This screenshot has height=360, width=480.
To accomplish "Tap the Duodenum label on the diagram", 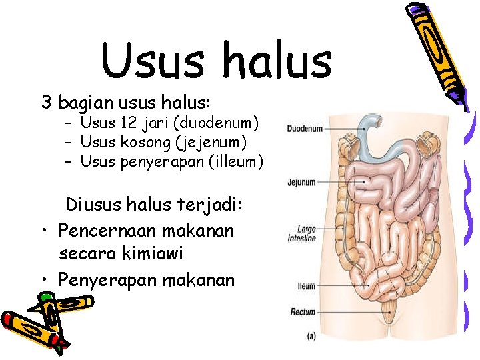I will [305, 128].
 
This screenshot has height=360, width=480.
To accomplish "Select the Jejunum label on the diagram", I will [301, 181].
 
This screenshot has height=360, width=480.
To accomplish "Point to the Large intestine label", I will [301, 233].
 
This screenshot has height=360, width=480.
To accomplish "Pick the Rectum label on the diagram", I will [303, 311].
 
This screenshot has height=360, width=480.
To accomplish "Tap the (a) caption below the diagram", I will [311, 337].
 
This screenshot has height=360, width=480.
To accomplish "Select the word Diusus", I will [94, 205].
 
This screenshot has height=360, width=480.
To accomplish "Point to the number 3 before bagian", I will [47, 103].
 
